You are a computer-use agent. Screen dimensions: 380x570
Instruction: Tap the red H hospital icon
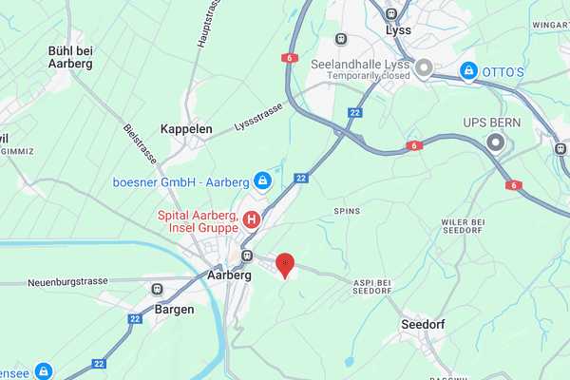(252, 220)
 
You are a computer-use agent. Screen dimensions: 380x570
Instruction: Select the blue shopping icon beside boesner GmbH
(263, 180)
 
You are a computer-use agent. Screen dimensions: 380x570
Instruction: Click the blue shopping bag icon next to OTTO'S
(467, 70)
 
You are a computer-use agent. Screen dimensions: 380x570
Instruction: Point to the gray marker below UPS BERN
(493, 142)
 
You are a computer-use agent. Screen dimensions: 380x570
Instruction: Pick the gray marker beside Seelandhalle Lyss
(425, 67)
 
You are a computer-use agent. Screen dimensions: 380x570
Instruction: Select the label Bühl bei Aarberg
(70, 56)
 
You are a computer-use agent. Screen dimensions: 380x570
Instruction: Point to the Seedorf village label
(423, 324)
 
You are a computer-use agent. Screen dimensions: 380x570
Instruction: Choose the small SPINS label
(347, 210)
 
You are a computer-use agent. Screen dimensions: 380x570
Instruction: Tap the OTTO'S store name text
(505, 70)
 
